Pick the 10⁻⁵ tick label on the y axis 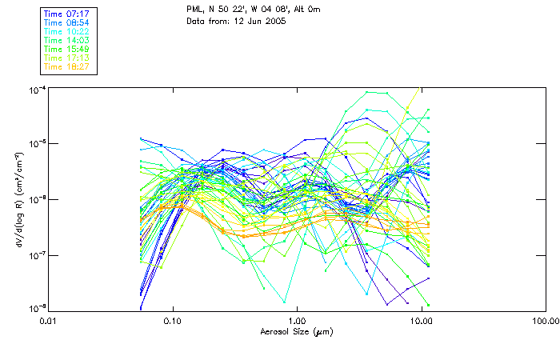35,143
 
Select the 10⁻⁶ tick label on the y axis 35,198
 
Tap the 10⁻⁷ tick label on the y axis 35,254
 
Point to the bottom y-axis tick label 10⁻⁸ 35,308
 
